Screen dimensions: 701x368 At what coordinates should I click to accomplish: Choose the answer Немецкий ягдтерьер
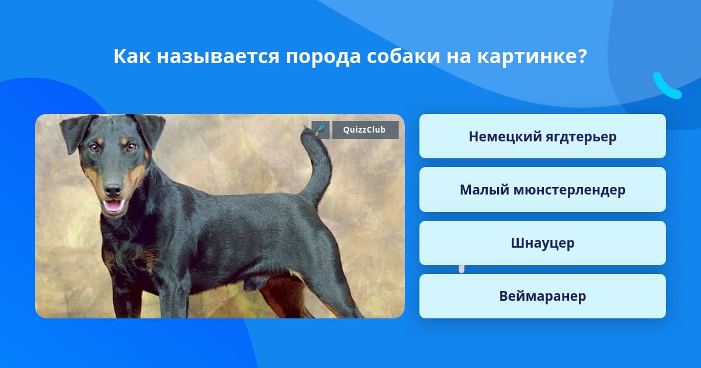pos(542,136)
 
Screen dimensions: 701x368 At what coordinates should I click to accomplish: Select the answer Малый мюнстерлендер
pos(542,190)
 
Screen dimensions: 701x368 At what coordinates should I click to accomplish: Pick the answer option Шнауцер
pos(542,243)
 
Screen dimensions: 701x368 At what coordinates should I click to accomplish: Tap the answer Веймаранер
pos(542,296)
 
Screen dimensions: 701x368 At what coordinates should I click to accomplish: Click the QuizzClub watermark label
pos(365,130)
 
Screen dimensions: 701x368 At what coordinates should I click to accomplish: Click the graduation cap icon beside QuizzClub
pos(321,130)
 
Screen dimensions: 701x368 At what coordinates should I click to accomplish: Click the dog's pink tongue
pos(113,206)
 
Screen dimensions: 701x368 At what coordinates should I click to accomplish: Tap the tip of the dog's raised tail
pos(304,128)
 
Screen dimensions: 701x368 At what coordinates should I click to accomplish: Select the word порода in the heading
pos(323,58)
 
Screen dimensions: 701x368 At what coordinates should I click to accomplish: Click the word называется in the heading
pos(218,57)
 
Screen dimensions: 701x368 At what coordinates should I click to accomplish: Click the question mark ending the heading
pos(582,56)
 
